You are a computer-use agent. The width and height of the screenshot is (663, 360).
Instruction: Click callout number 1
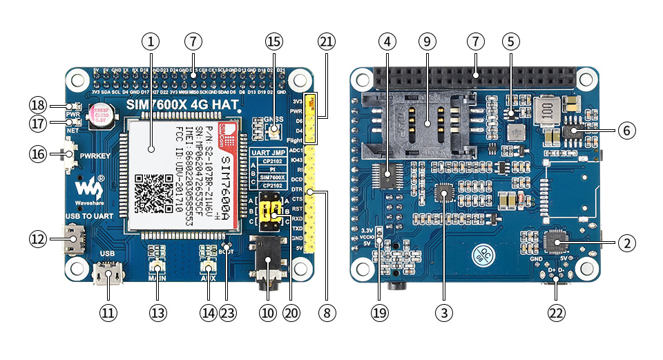tap(151, 41)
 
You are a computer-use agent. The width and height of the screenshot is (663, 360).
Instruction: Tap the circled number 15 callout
tap(274, 41)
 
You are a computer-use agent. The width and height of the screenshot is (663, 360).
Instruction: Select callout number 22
tap(556, 312)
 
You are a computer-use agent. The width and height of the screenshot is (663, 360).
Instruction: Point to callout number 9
tap(427, 41)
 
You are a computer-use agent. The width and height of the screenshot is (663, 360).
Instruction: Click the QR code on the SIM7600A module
tap(153, 193)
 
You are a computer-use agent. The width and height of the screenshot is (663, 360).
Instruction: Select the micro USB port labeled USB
tap(108, 276)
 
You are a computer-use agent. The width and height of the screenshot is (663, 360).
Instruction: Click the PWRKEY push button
tap(70, 155)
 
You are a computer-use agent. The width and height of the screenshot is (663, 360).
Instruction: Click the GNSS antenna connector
tap(274, 130)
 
